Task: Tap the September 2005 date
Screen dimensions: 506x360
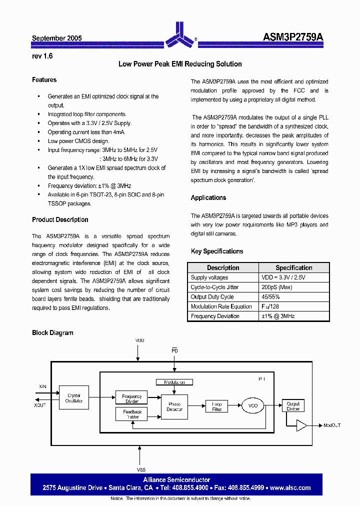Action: click(56, 38)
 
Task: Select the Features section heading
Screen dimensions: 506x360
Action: click(44, 80)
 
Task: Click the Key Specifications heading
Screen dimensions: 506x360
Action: click(216, 251)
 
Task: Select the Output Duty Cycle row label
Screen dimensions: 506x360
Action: click(212, 296)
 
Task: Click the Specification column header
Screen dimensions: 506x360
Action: click(293, 268)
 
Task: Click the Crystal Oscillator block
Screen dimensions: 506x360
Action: click(73, 398)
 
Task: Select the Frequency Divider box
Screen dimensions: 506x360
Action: click(131, 398)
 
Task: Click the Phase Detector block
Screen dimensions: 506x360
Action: click(174, 406)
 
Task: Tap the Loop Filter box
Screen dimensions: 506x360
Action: click(216, 406)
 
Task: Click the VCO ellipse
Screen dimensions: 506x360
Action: click(252, 405)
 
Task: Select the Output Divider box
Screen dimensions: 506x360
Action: click(293, 406)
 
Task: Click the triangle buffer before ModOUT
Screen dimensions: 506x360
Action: click(301, 425)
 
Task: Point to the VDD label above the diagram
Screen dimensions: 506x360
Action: click(139, 340)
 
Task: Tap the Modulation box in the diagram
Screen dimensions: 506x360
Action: click(174, 382)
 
